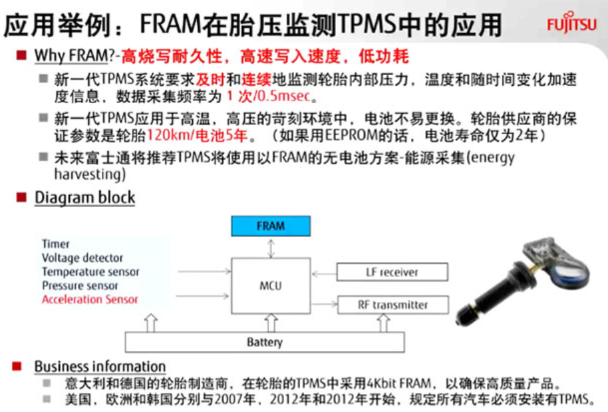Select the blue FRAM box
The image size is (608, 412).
click(x=270, y=226)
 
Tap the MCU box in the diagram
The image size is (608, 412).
click(x=270, y=286)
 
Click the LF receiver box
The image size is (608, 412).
click(x=392, y=272)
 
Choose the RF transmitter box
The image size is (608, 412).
click(x=392, y=305)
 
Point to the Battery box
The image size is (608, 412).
click(x=264, y=342)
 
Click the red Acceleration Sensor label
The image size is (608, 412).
click(x=90, y=300)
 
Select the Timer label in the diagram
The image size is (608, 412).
click(x=56, y=244)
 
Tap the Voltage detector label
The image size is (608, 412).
click(x=82, y=258)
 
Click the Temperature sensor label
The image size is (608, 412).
click(x=90, y=272)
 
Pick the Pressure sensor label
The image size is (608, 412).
click(x=80, y=286)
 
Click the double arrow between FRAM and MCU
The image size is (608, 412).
click(x=270, y=247)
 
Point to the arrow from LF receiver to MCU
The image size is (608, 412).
click(x=323, y=272)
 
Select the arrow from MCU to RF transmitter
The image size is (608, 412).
click(x=323, y=305)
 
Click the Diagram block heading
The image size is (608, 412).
click(x=84, y=198)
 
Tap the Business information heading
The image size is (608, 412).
click(x=100, y=366)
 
